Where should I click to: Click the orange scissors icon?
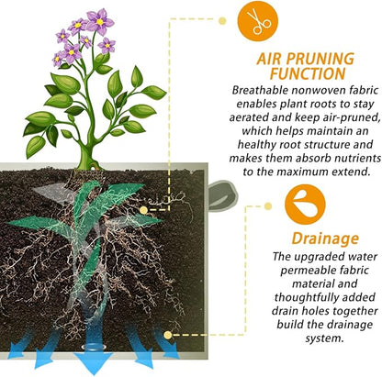pos(258,21)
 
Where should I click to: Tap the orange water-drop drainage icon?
pos(305,205)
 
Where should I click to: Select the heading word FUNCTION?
pos(308,73)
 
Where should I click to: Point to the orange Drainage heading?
pos(325,238)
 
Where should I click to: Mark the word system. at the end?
pos(323,338)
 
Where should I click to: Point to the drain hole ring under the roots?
pos(94,348)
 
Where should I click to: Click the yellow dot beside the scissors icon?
pos(222,21)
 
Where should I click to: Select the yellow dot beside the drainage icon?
pos(268,206)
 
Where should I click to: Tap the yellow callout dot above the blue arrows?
pos(167,335)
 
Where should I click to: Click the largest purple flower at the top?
pos(100,21)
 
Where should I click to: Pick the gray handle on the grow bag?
pos(222,195)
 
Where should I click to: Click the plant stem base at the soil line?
pos(88,163)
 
